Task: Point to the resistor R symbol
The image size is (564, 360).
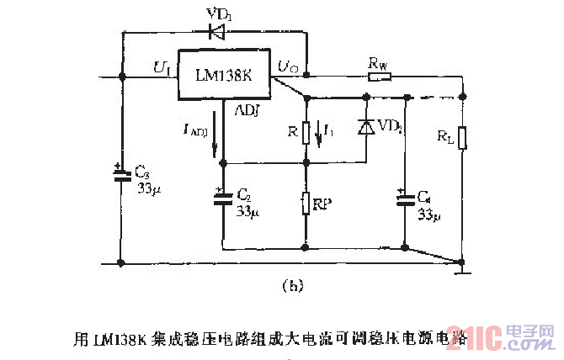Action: coord(306,133)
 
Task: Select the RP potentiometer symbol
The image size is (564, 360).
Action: coord(306,203)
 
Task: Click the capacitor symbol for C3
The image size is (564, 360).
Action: coord(122,177)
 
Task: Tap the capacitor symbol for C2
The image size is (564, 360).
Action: coord(223,199)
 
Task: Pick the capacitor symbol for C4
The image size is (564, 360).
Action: coord(405,199)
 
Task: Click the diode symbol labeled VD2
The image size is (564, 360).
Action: coord(366,127)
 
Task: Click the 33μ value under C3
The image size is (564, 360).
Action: coord(149,190)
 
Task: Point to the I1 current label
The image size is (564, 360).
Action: coord(329,131)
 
